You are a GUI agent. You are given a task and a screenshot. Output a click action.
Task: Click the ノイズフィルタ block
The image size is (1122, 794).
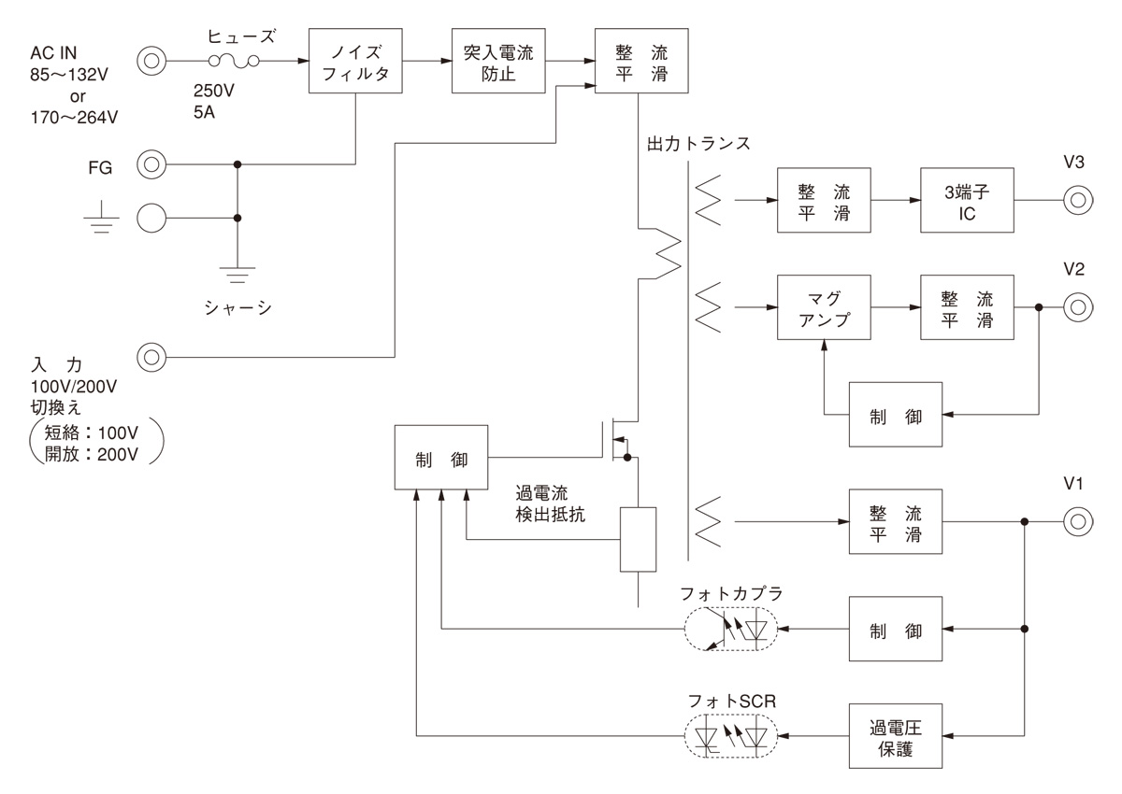(356, 62)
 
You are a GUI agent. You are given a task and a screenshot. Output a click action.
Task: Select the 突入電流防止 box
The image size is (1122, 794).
(498, 62)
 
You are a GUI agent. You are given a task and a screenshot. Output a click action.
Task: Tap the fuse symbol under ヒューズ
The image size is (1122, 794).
(233, 62)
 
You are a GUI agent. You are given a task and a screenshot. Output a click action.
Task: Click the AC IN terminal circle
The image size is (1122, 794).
(151, 62)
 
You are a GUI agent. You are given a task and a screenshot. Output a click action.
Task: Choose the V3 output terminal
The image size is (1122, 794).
(1076, 200)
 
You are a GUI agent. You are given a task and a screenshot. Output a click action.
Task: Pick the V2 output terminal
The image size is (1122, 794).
(1076, 306)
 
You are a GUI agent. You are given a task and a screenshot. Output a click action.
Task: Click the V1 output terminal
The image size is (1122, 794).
(1076, 522)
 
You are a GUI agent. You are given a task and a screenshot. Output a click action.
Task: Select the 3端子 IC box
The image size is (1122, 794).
(967, 200)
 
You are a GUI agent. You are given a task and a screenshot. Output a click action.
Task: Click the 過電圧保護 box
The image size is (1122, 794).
(896, 736)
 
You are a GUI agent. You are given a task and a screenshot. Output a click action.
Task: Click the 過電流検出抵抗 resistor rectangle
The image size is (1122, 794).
(638, 539)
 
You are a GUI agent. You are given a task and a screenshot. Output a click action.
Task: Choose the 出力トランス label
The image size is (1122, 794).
(698, 146)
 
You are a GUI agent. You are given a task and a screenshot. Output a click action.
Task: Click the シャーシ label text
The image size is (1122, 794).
(237, 307)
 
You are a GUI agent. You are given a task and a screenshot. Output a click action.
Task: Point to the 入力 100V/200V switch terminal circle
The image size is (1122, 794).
(151, 356)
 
